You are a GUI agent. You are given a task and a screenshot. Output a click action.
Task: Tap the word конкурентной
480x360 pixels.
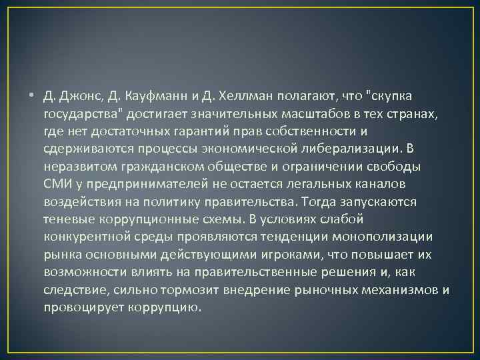(x=83, y=235)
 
